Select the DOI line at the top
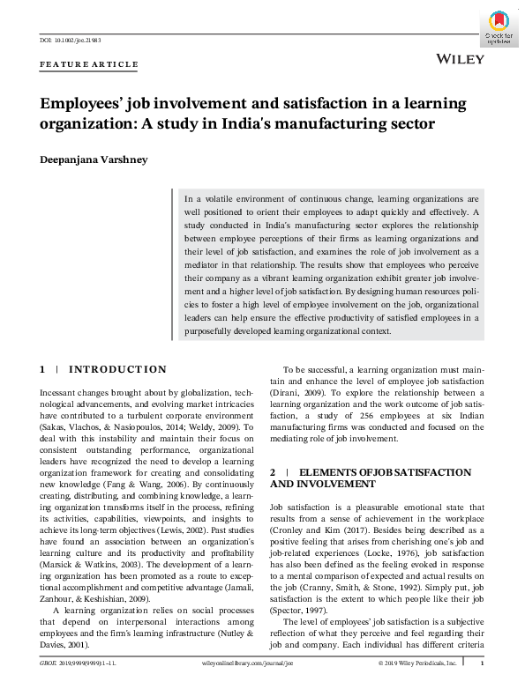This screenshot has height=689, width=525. coord(71,41)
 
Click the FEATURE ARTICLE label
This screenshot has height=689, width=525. coord(89,64)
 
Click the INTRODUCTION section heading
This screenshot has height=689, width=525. coord(117,369)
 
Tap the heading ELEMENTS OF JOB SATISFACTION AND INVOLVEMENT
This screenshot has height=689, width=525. coord(371,478)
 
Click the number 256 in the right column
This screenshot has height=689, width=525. coord(369,415)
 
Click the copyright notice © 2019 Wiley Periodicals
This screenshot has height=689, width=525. coord(417,662)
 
